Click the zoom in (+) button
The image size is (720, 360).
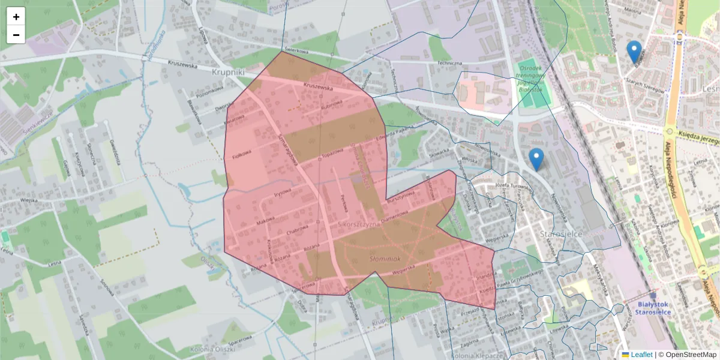pos(16,17)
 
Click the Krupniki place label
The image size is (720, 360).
pos(229,71)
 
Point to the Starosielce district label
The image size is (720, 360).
pos(562,234)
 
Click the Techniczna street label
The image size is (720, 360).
pos(449,63)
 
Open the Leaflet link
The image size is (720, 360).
pos(641,355)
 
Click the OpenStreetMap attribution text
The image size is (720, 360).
pos(687,355)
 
